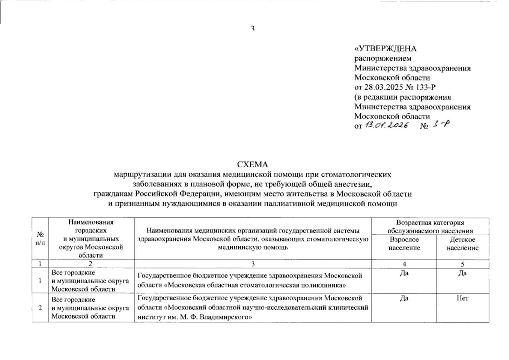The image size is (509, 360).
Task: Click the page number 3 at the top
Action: (253, 29)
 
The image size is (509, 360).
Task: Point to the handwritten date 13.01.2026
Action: (386, 126)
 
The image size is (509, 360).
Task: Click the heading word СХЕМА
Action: (252, 164)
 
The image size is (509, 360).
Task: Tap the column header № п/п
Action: (40, 238)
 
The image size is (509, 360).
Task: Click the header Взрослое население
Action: (404, 244)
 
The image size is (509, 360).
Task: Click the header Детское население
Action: (462, 244)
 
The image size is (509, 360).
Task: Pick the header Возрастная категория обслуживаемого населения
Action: (430, 226)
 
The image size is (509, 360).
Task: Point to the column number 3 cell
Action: (253, 264)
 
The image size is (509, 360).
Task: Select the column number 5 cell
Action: (462, 264)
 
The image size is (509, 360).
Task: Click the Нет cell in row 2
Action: (462, 298)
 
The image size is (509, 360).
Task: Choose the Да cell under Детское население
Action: (462, 273)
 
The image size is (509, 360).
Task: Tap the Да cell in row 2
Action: (404, 298)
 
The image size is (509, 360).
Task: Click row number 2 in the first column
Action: (40, 308)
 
